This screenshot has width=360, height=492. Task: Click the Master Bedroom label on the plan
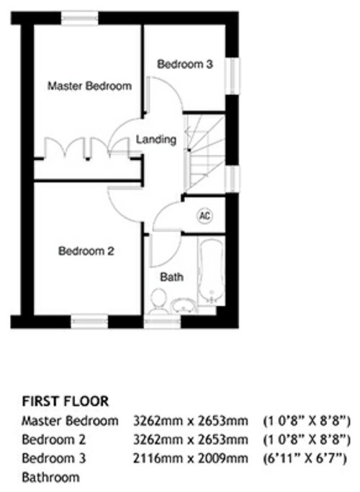pyautogui.click(x=89, y=86)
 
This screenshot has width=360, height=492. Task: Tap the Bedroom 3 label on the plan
pyautogui.click(x=185, y=64)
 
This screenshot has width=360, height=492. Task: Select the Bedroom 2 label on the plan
pyautogui.click(x=86, y=251)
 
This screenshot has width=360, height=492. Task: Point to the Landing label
pyautogui.click(x=156, y=139)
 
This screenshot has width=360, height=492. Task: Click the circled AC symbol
pyautogui.click(x=204, y=216)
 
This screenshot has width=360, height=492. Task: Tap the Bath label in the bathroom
pyautogui.click(x=172, y=277)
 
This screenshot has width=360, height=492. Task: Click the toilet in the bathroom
pyautogui.click(x=158, y=301)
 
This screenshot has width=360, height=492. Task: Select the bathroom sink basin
pyautogui.click(x=183, y=305)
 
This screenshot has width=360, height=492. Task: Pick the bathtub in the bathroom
pyautogui.click(x=212, y=271)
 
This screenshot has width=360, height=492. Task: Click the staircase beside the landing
pyautogui.click(x=205, y=153)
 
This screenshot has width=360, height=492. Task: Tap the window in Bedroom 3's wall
pyautogui.click(x=233, y=76)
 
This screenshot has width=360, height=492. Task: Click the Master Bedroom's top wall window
pyautogui.click(x=80, y=18)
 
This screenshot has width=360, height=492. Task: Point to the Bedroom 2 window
pyautogui.click(x=89, y=321)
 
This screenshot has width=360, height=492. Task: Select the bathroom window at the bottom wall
pyautogui.click(x=163, y=321)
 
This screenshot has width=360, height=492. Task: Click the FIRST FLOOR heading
pyautogui.click(x=66, y=401)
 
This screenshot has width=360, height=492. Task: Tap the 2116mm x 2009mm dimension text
pyautogui.click(x=191, y=458)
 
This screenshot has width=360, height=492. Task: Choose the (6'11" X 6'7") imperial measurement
pyautogui.click(x=305, y=459)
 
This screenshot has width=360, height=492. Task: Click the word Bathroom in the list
pyautogui.click(x=51, y=478)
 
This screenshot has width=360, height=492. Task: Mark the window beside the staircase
pyautogui.click(x=233, y=178)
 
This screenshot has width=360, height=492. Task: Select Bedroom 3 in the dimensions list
pyautogui.click(x=53, y=458)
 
